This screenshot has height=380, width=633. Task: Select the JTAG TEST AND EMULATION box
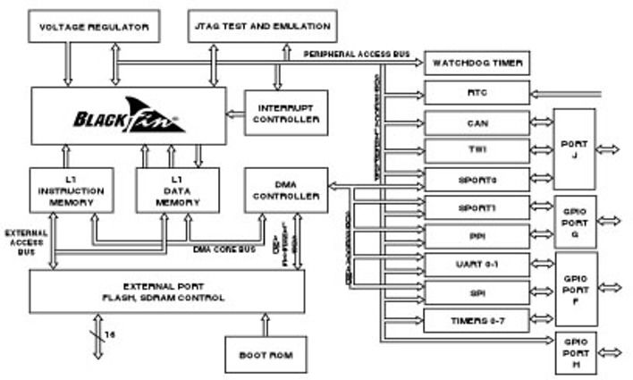[260, 26]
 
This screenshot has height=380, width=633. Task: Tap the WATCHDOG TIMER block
[477, 63]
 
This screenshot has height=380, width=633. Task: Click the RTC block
[477, 93]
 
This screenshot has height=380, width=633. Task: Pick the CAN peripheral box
[477, 122]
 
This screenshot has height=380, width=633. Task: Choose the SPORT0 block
[477, 179]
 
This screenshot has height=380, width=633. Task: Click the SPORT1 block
[477, 207]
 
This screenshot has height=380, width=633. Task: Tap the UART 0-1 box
[477, 265]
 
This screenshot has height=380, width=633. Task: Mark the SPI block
[477, 291]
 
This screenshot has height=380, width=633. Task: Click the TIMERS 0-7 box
[477, 320]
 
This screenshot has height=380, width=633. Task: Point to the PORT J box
[574, 148]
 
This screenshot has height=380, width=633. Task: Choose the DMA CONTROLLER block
[287, 189]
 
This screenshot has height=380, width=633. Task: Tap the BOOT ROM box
[266, 355]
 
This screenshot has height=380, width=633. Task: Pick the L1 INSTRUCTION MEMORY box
[71, 190]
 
